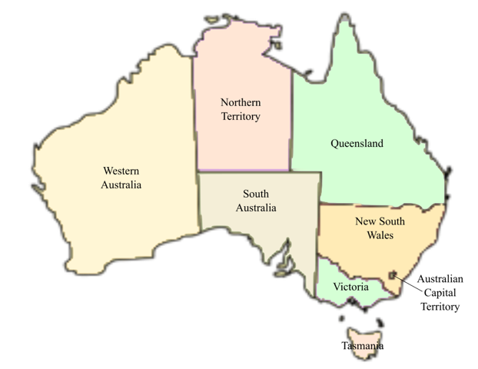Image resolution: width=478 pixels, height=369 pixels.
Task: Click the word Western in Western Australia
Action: click(121, 171)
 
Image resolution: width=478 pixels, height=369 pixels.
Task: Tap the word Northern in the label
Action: click(240, 102)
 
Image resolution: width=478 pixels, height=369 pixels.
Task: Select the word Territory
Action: click(240, 117)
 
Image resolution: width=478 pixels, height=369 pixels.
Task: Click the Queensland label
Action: click(357, 144)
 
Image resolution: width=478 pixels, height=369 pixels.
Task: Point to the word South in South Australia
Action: click(255, 194)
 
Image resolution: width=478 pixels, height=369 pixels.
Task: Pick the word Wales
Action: click(376, 235)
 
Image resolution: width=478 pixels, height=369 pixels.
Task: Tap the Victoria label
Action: click(351, 287)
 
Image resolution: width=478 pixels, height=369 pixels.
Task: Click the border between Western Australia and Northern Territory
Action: click(194, 115)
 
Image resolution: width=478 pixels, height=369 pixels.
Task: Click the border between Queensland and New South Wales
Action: click(377, 205)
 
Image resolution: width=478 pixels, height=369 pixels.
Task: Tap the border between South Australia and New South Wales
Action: click(320, 231)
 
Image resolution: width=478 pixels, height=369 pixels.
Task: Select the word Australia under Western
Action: click(121, 184)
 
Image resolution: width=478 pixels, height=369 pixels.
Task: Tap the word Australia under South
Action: click(255, 208)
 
